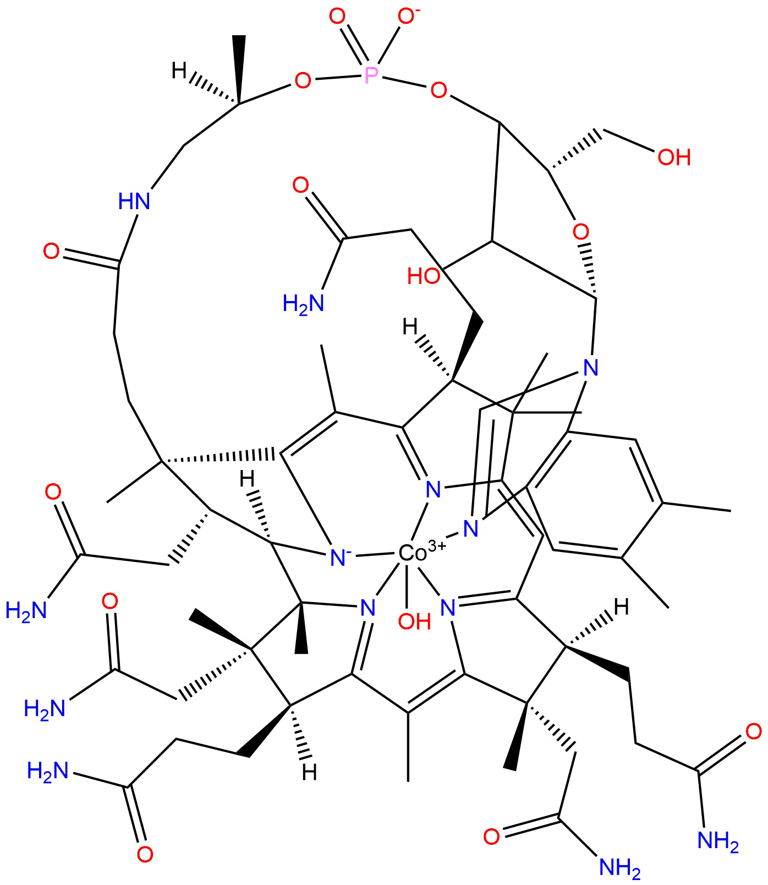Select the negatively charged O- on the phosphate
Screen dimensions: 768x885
click(408, 18)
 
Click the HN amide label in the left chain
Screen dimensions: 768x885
click(134, 201)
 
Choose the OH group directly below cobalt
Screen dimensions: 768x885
click(414, 621)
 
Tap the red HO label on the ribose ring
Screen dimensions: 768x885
click(424, 276)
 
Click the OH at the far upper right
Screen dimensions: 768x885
click(674, 157)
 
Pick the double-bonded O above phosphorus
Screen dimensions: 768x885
click(337, 17)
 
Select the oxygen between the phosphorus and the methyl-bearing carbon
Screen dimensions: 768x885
click(302, 81)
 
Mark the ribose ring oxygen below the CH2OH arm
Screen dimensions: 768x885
click(580, 230)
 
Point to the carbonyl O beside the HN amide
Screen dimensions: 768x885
click(51, 252)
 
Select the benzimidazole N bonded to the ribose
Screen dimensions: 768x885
click(590, 367)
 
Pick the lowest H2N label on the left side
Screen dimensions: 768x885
click(48, 771)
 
